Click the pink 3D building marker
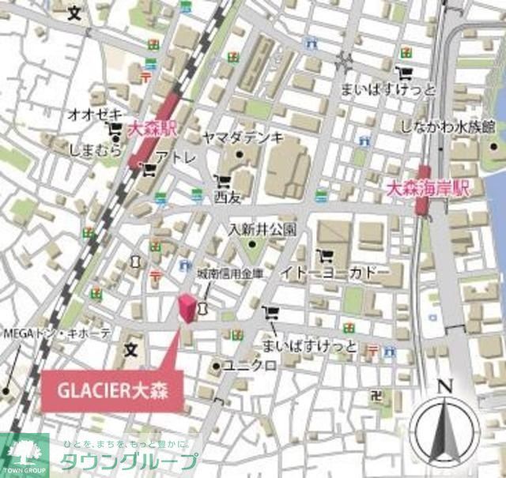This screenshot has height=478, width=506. tap(187, 309)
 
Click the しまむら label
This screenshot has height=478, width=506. tap(94, 150)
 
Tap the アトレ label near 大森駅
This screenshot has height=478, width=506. tap(176, 158)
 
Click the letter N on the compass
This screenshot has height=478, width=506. tap(444, 386)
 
